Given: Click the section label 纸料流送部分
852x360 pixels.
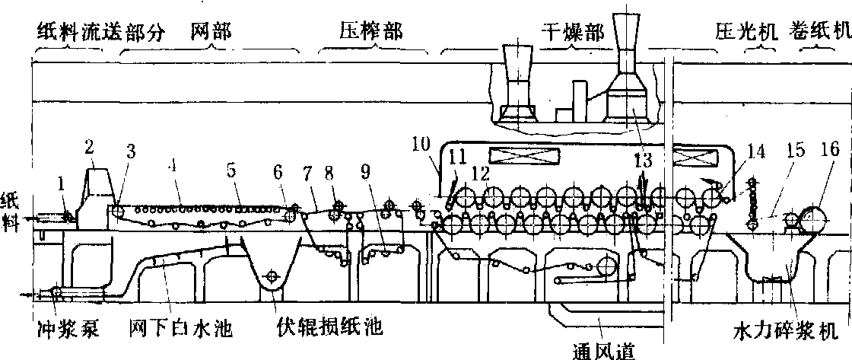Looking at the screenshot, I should point(75,33).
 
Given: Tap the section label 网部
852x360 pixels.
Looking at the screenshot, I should point(211,32).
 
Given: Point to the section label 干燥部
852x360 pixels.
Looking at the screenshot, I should point(572,33).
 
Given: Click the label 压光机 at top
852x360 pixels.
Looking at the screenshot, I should point(742,32).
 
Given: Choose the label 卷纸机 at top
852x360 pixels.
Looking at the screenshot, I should point(820,32).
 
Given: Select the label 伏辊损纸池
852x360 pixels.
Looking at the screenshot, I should point(330,329).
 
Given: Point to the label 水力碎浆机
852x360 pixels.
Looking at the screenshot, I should point(784,332).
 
